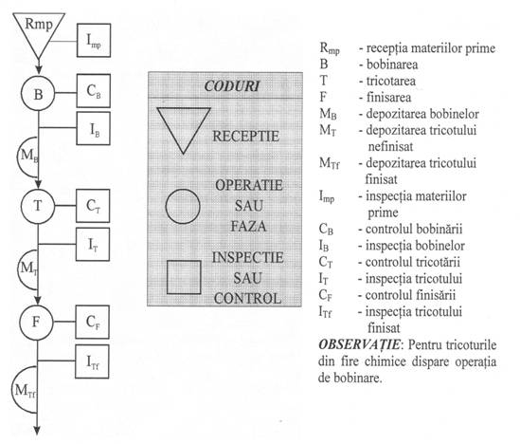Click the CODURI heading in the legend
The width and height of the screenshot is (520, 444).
pos(231,86)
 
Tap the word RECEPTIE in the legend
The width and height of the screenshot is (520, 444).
pos(245,137)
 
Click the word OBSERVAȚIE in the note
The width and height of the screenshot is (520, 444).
pos(360,344)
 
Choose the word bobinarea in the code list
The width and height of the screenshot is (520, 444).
pos(392,65)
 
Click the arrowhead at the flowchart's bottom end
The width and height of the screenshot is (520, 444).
pos(37,431)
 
